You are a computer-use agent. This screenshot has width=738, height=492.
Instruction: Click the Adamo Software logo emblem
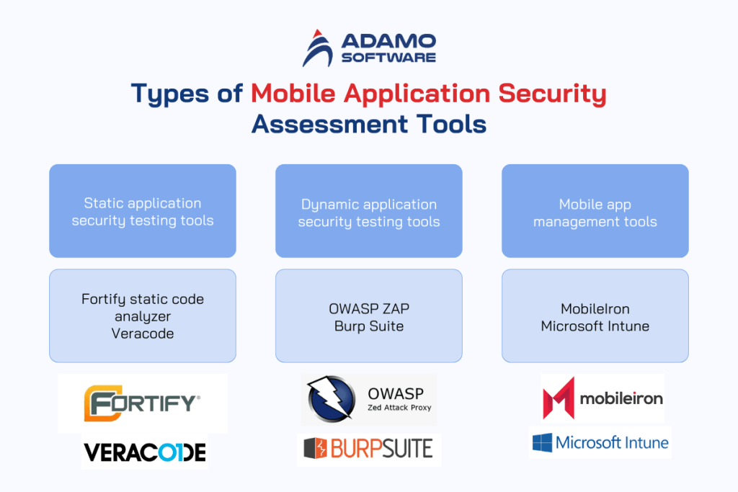[x=317, y=48]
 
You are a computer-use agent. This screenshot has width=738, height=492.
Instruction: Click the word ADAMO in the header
[x=388, y=40]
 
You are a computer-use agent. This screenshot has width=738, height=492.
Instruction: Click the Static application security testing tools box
[x=143, y=211]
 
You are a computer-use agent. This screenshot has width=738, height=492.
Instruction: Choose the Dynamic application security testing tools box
[x=369, y=211]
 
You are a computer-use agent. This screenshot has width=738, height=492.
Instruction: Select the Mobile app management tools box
[x=595, y=211]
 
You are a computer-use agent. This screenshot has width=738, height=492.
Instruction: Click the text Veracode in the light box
[x=143, y=334]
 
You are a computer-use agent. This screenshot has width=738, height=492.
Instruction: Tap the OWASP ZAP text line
[x=369, y=309]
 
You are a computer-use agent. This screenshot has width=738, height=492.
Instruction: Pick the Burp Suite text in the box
[x=369, y=326]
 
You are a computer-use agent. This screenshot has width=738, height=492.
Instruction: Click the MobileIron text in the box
[x=595, y=309]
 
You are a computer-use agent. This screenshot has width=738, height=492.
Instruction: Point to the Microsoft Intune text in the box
[x=595, y=326]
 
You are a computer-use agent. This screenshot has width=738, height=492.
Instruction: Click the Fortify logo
[x=143, y=402]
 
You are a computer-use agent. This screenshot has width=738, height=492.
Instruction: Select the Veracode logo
[x=145, y=452]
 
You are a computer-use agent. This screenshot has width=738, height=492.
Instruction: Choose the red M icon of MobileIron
[x=558, y=398]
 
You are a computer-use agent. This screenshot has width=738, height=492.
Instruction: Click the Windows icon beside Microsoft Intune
[x=542, y=442]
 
